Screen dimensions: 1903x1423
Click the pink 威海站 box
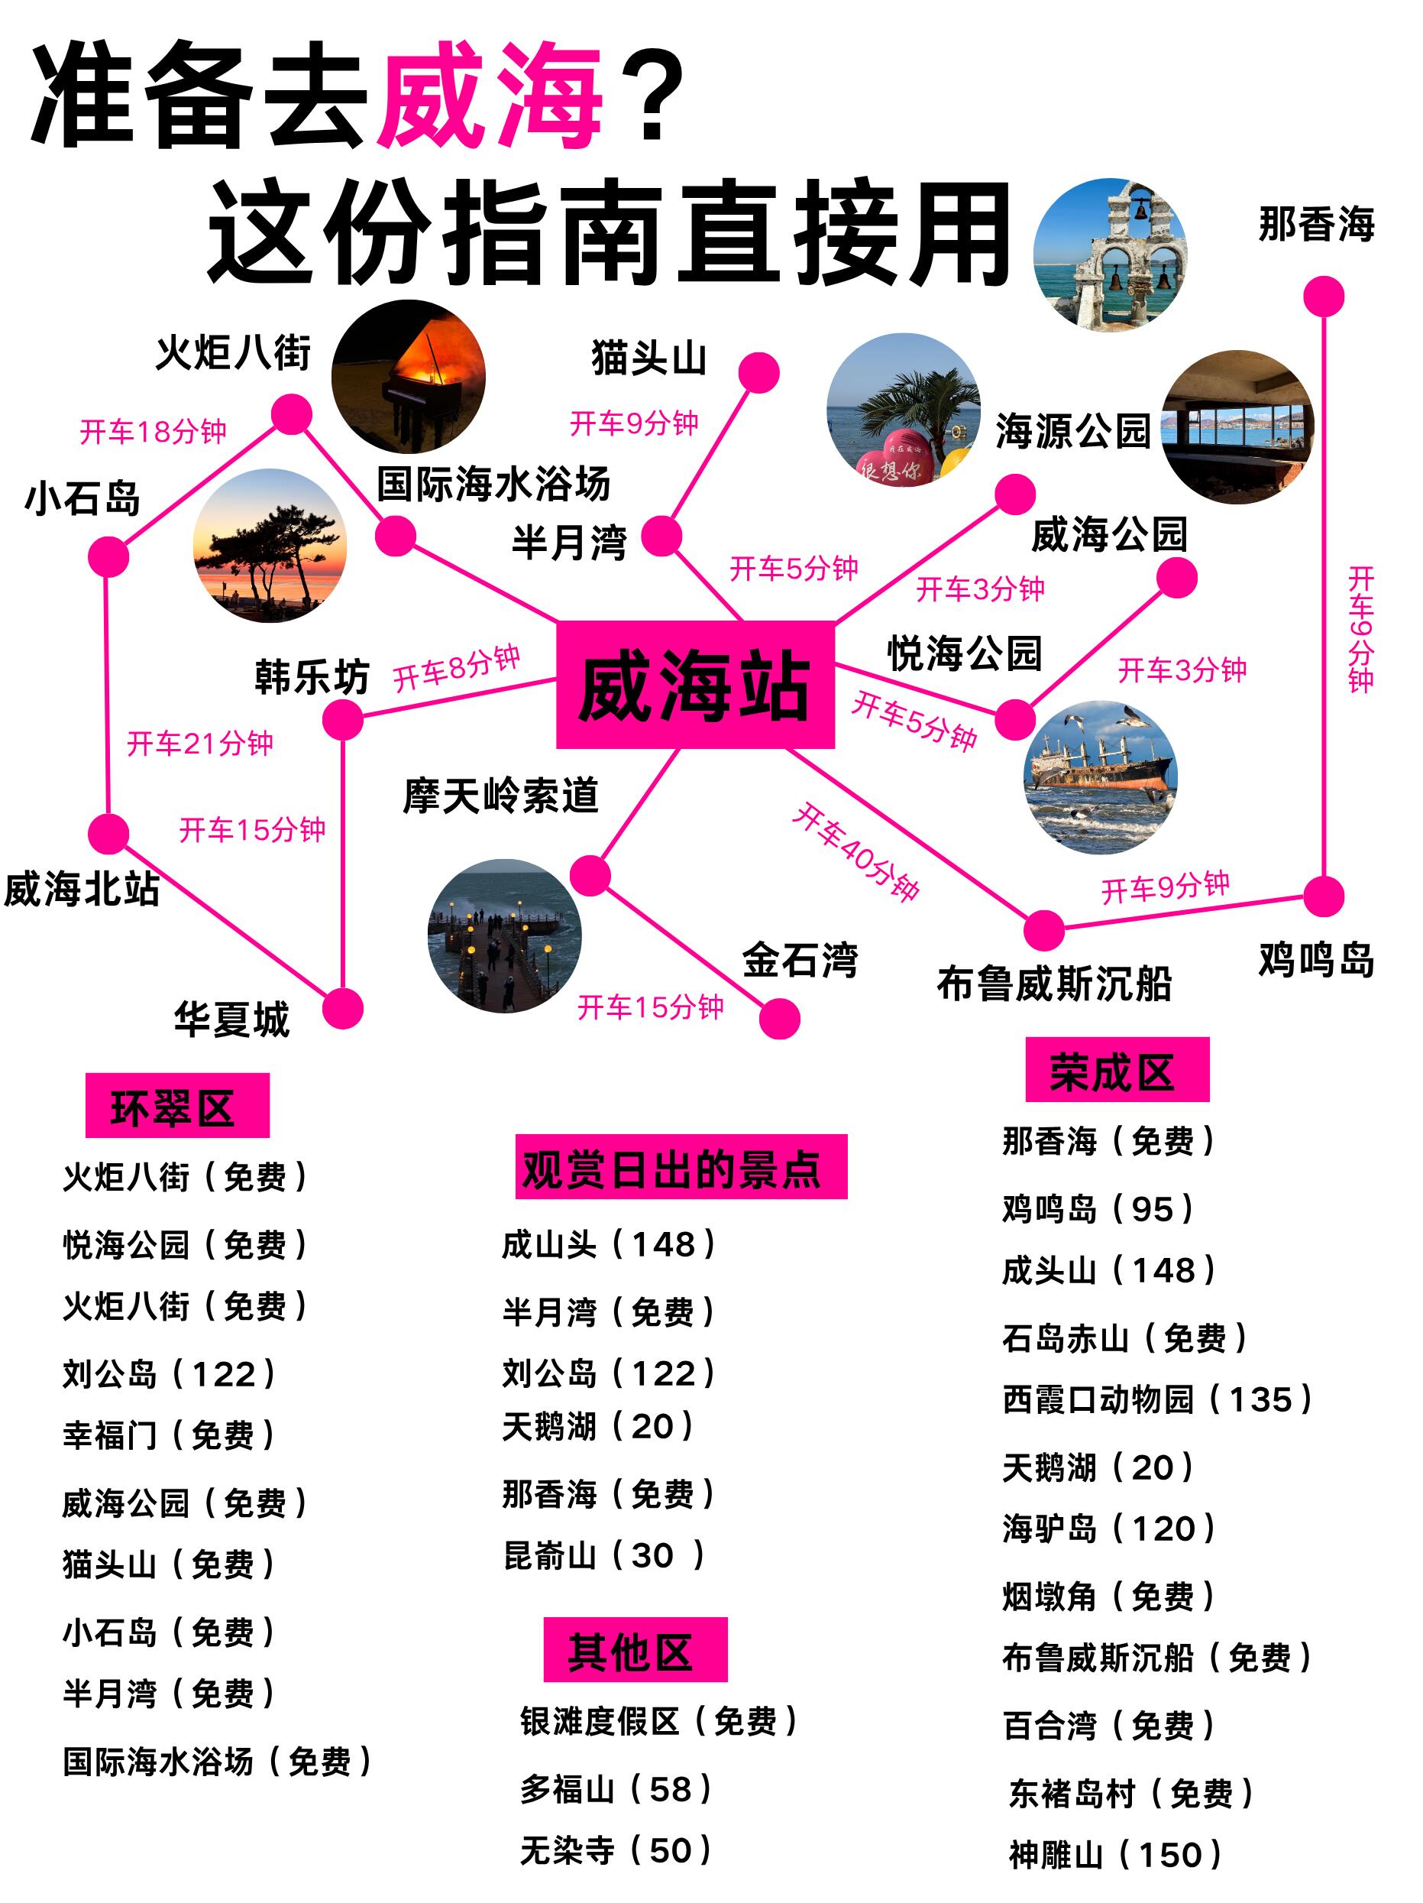tap(695, 684)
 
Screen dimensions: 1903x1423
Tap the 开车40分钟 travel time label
tap(855, 851)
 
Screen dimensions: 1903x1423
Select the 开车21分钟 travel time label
tap(199, 744)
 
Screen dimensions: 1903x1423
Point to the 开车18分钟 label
tap(153, 431)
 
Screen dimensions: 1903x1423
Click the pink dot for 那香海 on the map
tap(1323, 297)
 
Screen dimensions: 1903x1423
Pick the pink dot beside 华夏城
tap(342, 1008)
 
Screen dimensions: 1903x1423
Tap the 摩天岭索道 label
tap(500, 796)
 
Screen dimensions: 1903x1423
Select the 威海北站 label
tap(82, 890)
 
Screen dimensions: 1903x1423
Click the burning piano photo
tap(409, 376)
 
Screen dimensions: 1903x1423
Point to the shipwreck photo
tap(1100, 776)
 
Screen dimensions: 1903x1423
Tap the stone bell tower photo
tap(1109, 254)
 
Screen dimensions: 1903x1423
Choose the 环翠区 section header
tap(177, 1105)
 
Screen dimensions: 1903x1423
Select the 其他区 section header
tap(635, 1649)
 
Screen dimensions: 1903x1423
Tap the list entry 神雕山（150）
tap(1115, 1854)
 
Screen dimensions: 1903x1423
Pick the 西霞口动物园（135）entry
tap(1156, 1399)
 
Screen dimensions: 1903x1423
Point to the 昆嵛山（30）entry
tap(603, 1555)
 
